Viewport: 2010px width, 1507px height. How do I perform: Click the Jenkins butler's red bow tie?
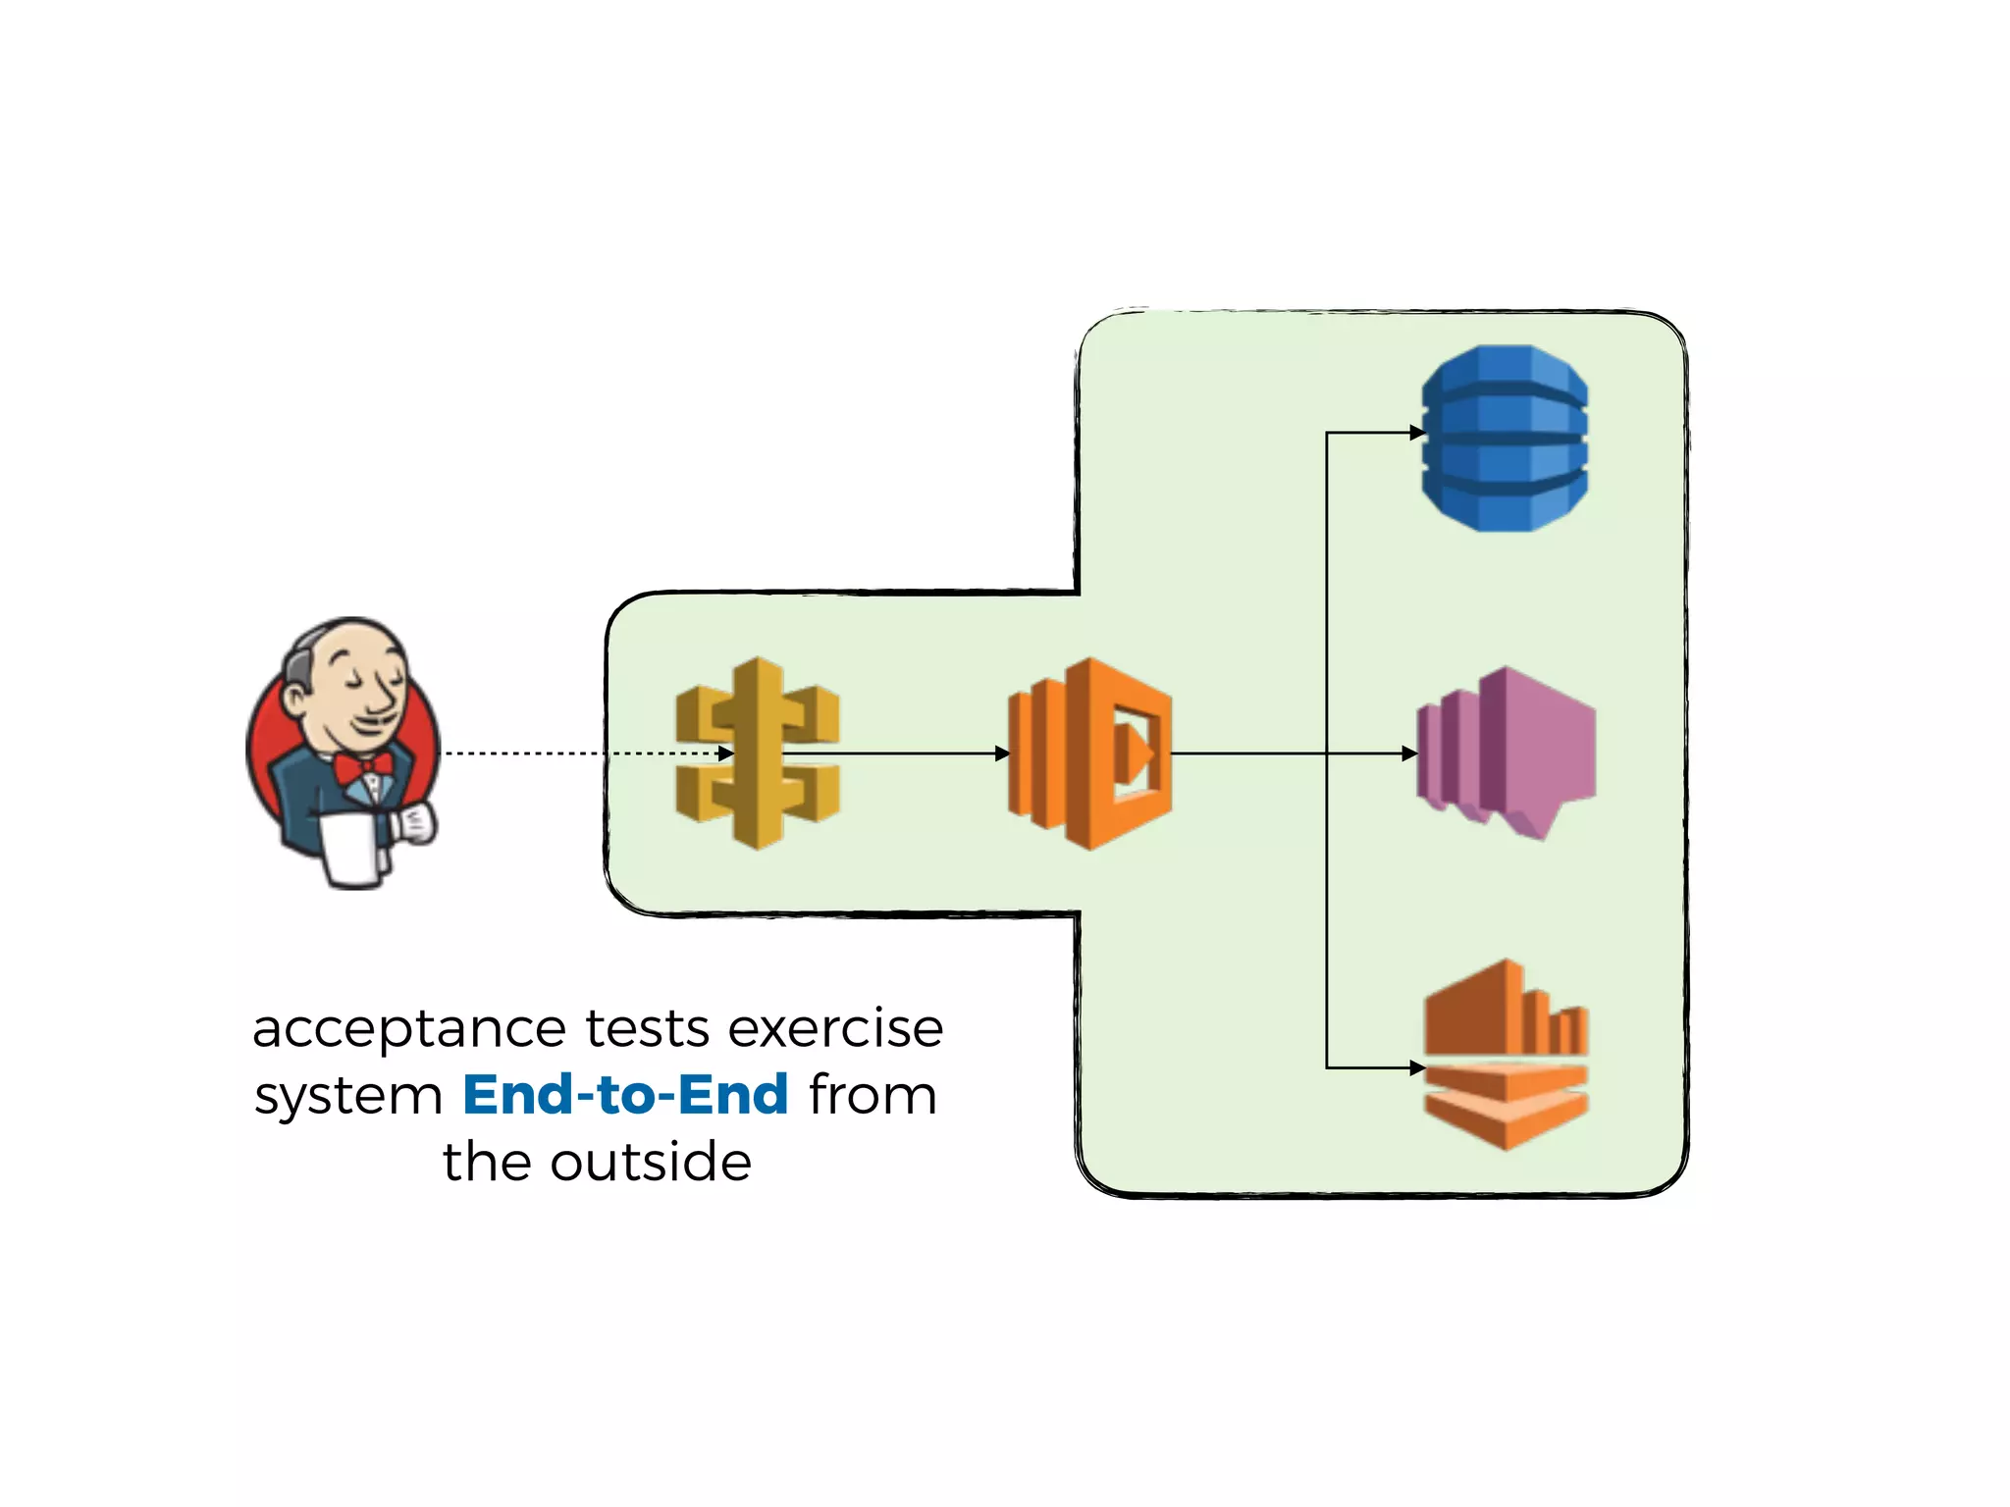[362, 766]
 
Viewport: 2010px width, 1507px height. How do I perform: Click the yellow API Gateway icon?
[757, 753]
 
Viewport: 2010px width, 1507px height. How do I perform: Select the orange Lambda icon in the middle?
[1089, 753]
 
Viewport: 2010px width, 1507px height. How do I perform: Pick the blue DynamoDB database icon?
[1505, 438]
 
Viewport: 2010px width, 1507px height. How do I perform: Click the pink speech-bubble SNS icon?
[1507, 752]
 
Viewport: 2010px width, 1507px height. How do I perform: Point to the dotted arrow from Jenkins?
[579, 753]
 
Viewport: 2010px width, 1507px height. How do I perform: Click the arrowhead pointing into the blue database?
[1416, 432]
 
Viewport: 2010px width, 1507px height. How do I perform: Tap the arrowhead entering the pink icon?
[1409, 753]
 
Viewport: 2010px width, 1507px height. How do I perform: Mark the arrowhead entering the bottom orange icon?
[1416, 1067]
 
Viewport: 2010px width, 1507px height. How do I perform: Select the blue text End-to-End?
[625, 1095]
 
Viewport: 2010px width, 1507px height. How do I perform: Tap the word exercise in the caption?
[835, 1030]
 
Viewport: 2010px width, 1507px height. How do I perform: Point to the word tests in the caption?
[647, 1030]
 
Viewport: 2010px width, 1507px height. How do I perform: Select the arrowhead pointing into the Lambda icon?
[1002, 753]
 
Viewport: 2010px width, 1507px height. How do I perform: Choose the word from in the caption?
[873, 1095]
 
